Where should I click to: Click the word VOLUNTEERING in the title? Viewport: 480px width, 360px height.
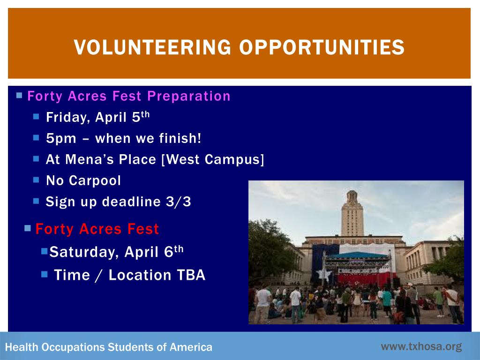(x=152, y=47)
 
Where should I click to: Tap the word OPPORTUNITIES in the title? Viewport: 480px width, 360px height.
(x=322, y=47)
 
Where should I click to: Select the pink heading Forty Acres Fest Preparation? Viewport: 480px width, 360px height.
(x=129, y=96)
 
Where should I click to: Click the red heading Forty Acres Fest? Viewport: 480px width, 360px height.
(x=97, y=229)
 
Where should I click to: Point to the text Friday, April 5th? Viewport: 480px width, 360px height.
(x=97, y=117)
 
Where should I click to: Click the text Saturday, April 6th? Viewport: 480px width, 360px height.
(x=116, y=252)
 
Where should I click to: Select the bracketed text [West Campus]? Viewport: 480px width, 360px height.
(x=212, y=159)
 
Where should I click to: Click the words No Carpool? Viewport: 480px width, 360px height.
(x=83, y=180)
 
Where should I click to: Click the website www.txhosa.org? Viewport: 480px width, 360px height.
(x=421, y=346)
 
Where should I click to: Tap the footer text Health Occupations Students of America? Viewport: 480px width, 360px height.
(x=109, y=347)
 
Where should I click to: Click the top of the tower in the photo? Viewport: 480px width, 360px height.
(x=352, y=192)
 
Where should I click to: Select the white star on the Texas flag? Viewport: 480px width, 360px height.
(x=324, y=274)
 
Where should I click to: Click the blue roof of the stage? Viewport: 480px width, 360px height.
(x=358, y=255)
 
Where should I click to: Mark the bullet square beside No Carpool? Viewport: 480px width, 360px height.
(x=36, y=180)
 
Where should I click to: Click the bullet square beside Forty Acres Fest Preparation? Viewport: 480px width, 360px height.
(x=19, y=96)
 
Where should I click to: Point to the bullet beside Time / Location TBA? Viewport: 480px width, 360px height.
(x=45, y=274)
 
